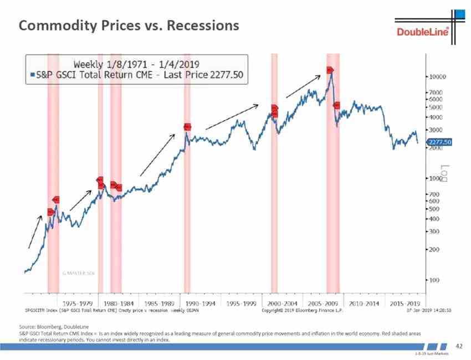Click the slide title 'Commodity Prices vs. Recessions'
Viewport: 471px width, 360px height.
pyautogui.click(x=129, y=25)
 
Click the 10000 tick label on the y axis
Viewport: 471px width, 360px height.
pyautogui.click(x=439, y=76)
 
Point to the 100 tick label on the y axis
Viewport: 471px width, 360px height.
pyautogui.click(x=436, y=280)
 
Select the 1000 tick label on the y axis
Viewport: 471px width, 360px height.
pyautogui.click(x=437, y=178)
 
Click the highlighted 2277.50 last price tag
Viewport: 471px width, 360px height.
pyautogui.click(x=441, y=142)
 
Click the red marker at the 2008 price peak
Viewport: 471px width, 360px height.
pyautogui.click(x=330, y=70)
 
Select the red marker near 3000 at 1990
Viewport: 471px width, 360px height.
pyautogui.click(x=188, y=127)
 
